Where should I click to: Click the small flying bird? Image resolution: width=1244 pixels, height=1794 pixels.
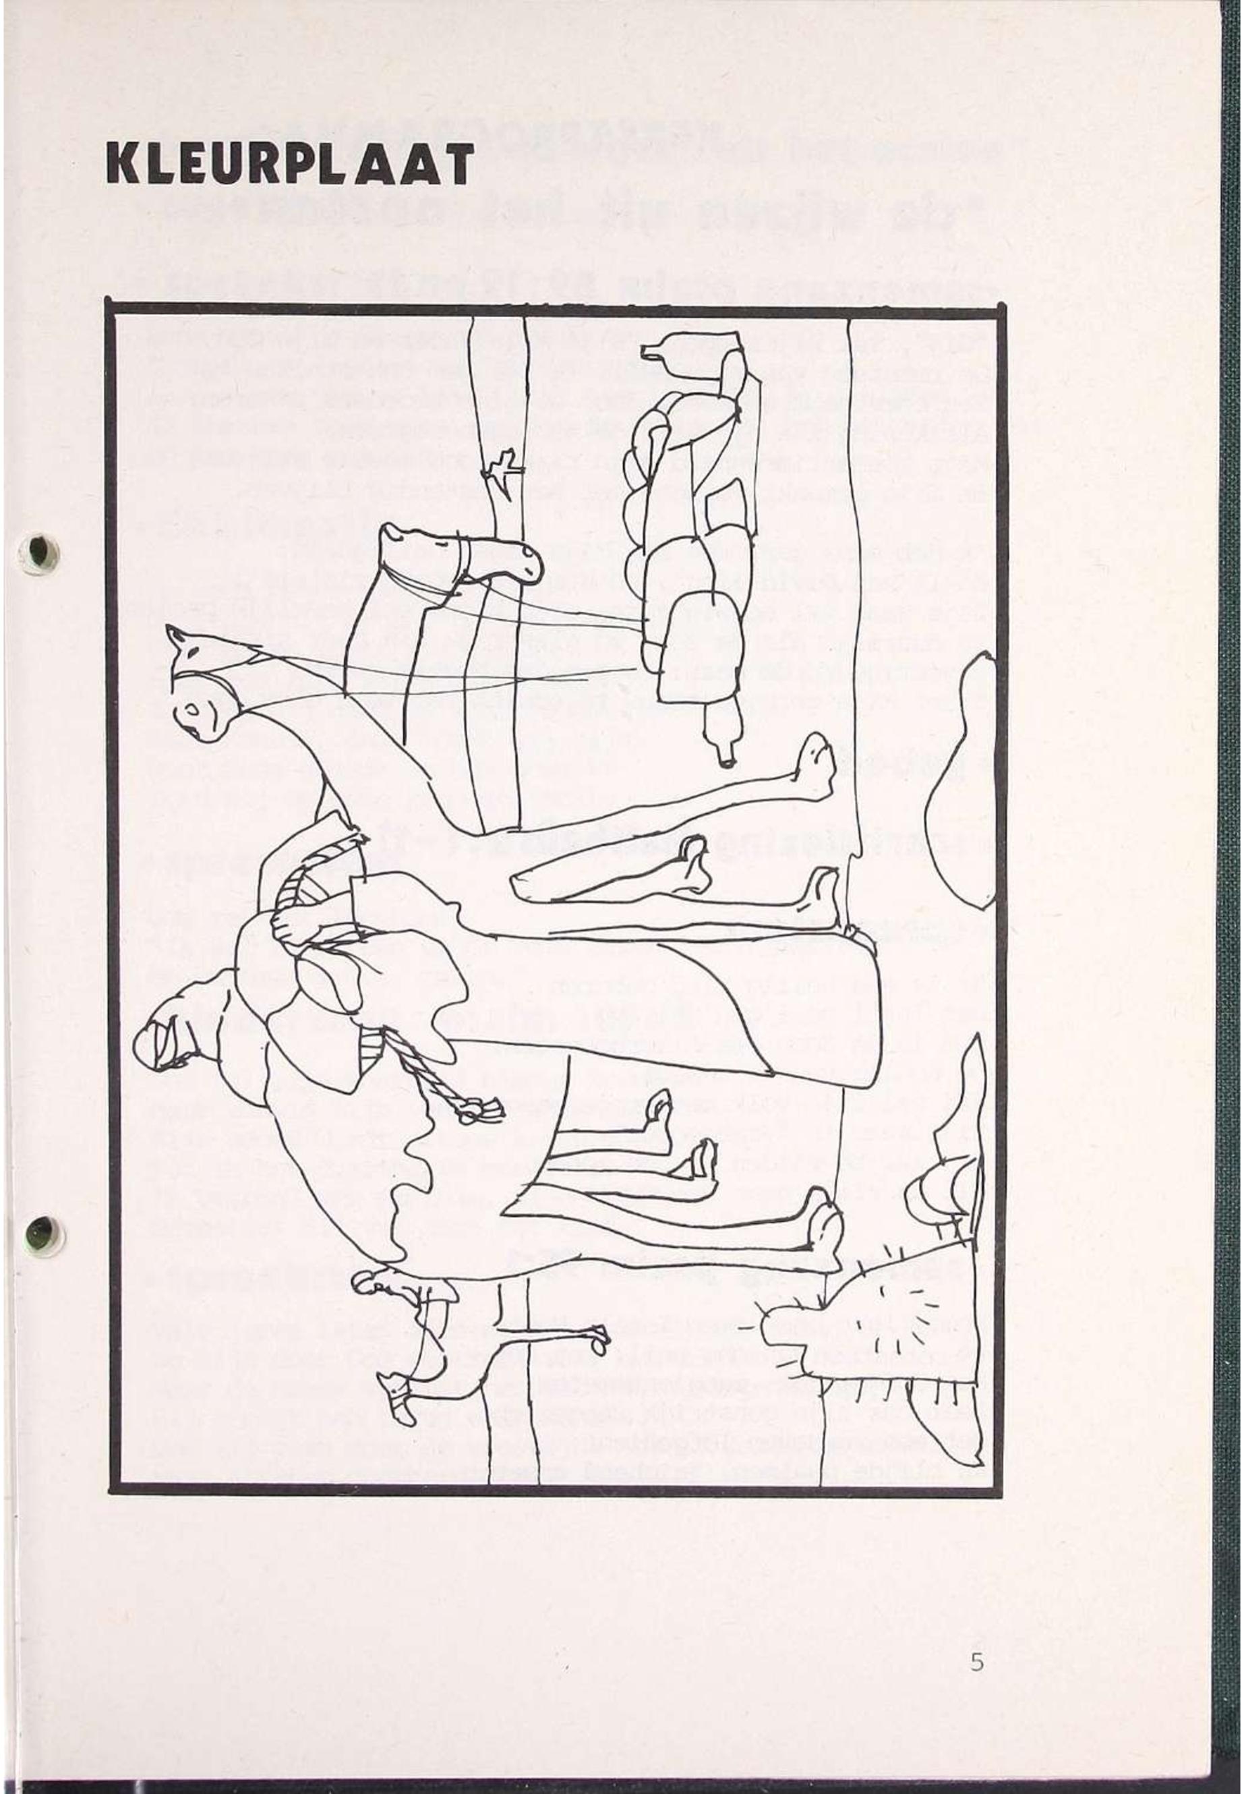click(x=500, y=471)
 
